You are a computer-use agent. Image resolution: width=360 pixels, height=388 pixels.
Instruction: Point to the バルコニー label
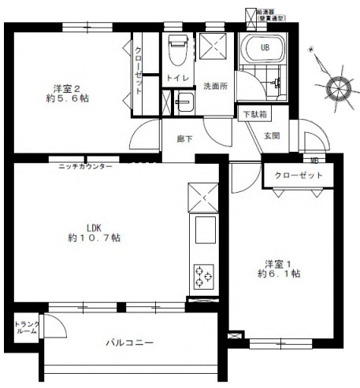click(129, 343)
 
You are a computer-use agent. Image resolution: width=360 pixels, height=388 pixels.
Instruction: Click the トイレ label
click(175, 77)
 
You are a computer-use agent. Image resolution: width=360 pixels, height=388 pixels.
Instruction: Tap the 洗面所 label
click(215, 86)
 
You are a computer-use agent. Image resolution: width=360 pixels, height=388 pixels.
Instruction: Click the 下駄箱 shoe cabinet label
click(254, 115)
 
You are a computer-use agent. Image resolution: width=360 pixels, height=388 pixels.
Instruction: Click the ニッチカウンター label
click(85, 167)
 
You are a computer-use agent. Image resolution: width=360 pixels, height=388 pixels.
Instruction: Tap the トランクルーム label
click(26, 327)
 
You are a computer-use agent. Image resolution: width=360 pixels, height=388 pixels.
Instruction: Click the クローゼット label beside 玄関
click(300, 176)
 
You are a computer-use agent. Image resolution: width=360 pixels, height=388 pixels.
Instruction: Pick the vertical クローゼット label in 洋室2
click(139, 71)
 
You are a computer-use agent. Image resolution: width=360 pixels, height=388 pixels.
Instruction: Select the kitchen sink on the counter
click(202, 232)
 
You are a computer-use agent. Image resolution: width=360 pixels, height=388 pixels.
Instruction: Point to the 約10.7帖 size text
click(94, 237)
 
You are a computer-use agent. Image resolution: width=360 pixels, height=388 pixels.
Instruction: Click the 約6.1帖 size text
click(277, 274)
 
